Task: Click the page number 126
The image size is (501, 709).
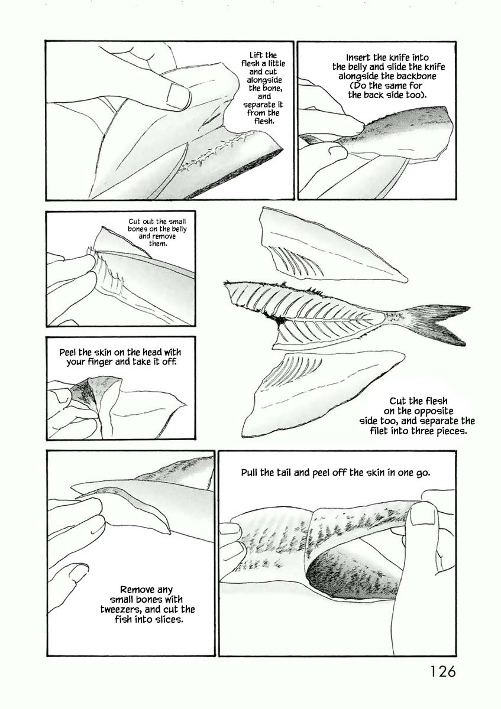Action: (442, 671)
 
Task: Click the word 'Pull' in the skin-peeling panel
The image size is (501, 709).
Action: (250, 473)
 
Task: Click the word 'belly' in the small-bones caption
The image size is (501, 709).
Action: (179, 229)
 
